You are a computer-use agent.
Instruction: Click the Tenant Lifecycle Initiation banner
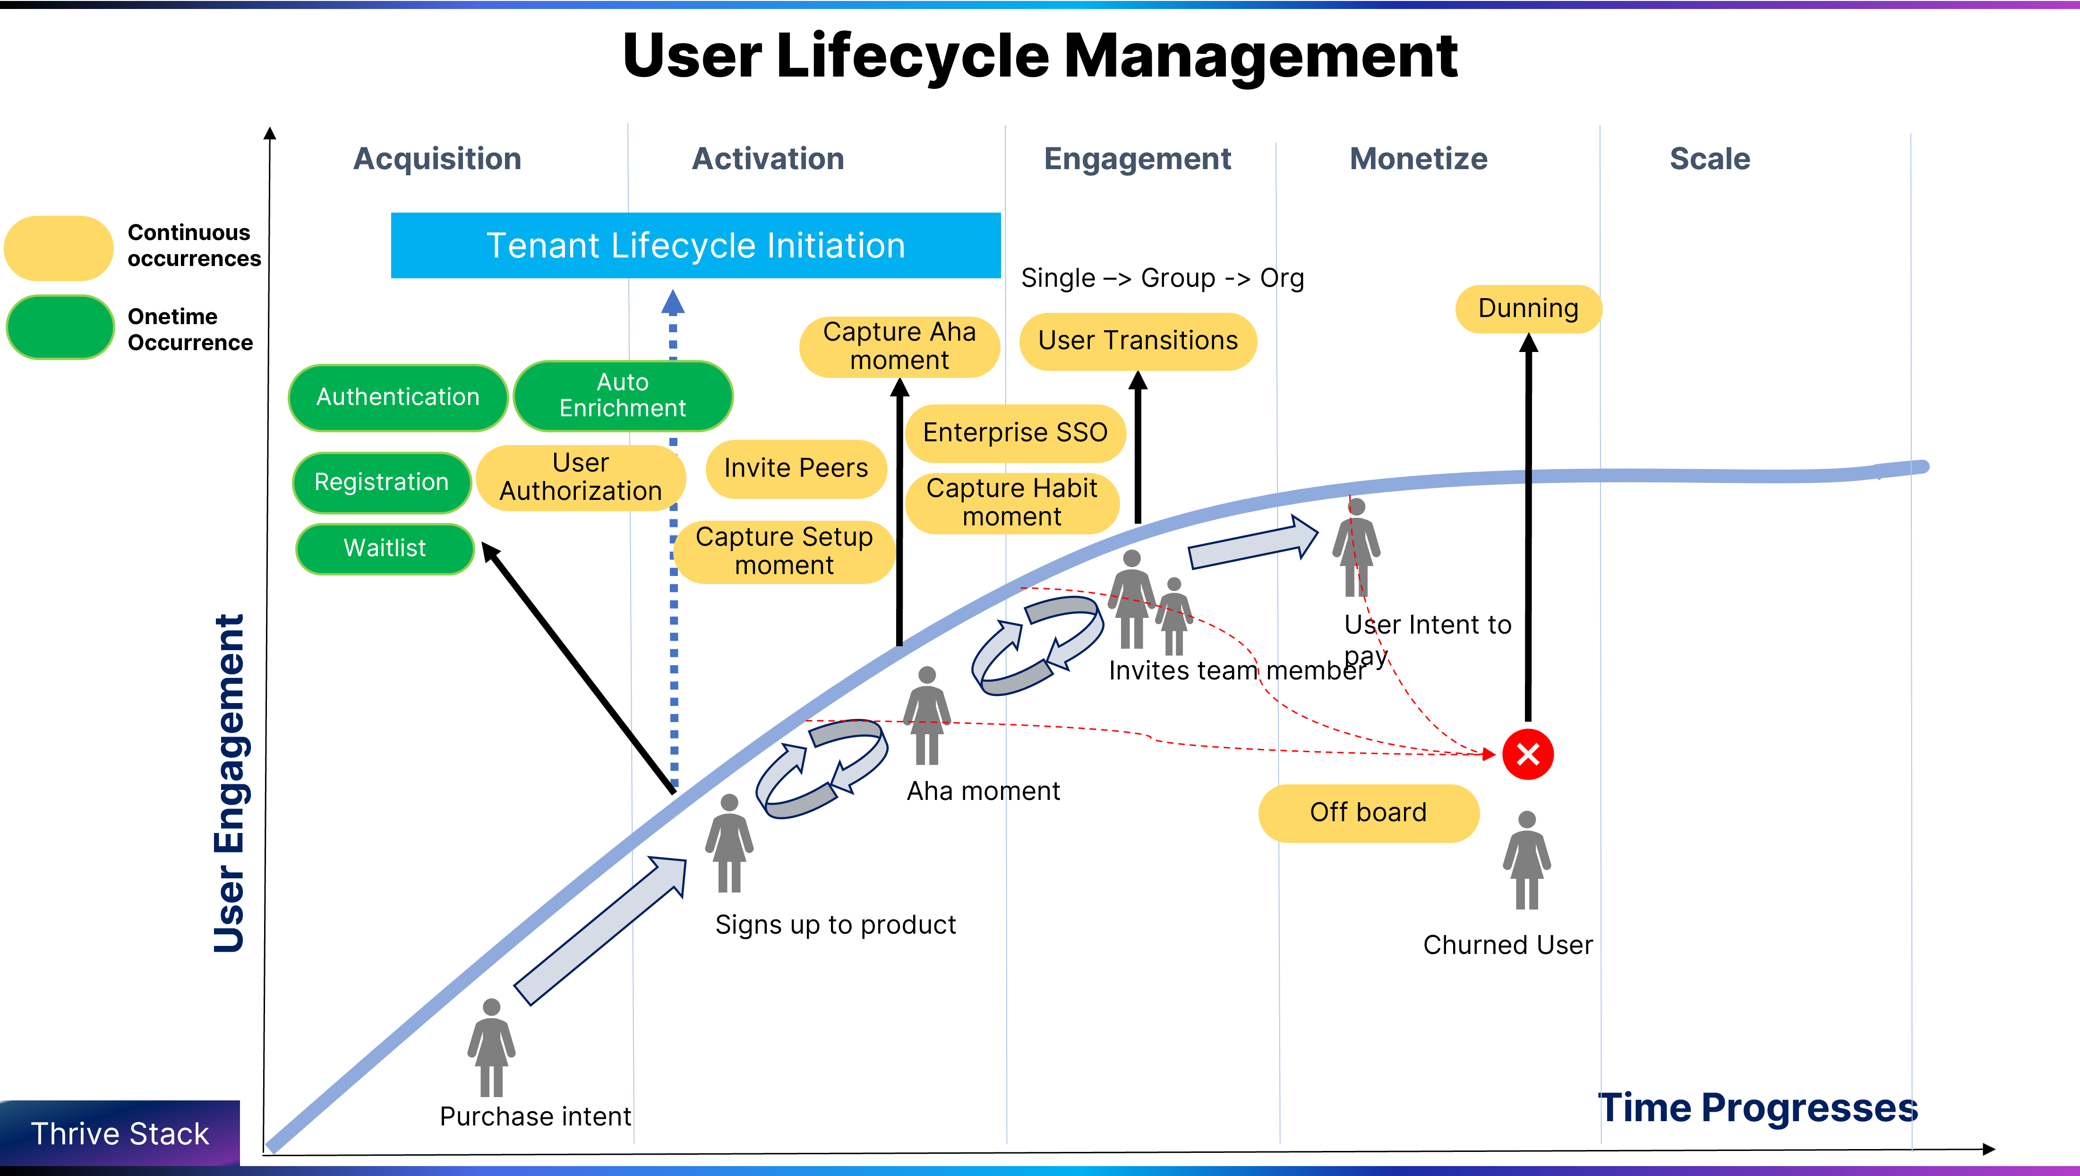tap(695, 246)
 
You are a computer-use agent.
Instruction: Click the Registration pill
tap(381, 482)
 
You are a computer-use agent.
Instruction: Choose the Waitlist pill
tap(385, 549)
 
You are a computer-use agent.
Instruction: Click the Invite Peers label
tap(796, 468)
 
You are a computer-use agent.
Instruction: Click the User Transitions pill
tap(1137, 341)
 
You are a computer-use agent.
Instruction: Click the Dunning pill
tap(1528, 309)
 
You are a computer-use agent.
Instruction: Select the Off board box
tap(1368, 813)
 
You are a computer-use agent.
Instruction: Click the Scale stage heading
tap(1709, 159)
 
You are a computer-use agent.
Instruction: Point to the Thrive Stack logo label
tap(120, 1134)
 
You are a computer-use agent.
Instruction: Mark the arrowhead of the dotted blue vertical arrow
tap(673, 303)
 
